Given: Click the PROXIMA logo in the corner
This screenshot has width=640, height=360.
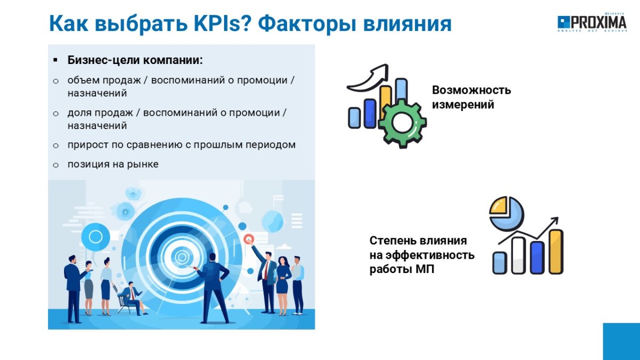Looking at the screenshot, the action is pos(592,22).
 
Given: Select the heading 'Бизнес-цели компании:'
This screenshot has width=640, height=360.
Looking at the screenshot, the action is pos(135,60).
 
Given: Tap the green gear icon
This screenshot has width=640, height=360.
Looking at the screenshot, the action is pos(403,123).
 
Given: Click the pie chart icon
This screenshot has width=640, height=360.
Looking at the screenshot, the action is pos(506,213).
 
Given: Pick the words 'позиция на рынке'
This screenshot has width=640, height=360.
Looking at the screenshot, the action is pos(113,164).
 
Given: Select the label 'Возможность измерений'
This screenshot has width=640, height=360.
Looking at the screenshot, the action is pos(471,97).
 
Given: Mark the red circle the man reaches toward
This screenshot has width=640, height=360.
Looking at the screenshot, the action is pos(249,238).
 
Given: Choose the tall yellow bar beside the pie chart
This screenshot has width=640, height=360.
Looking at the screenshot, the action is pos(556,252).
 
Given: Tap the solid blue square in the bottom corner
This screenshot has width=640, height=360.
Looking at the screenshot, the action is pos(621,341).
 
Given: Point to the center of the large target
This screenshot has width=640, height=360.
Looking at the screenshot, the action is pos(181,257).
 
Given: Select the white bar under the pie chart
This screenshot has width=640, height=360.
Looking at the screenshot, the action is pos(518,255).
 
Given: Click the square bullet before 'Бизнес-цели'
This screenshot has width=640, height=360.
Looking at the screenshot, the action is pos(55,60).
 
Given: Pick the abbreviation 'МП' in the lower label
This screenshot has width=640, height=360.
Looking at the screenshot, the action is pos(425,269).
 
